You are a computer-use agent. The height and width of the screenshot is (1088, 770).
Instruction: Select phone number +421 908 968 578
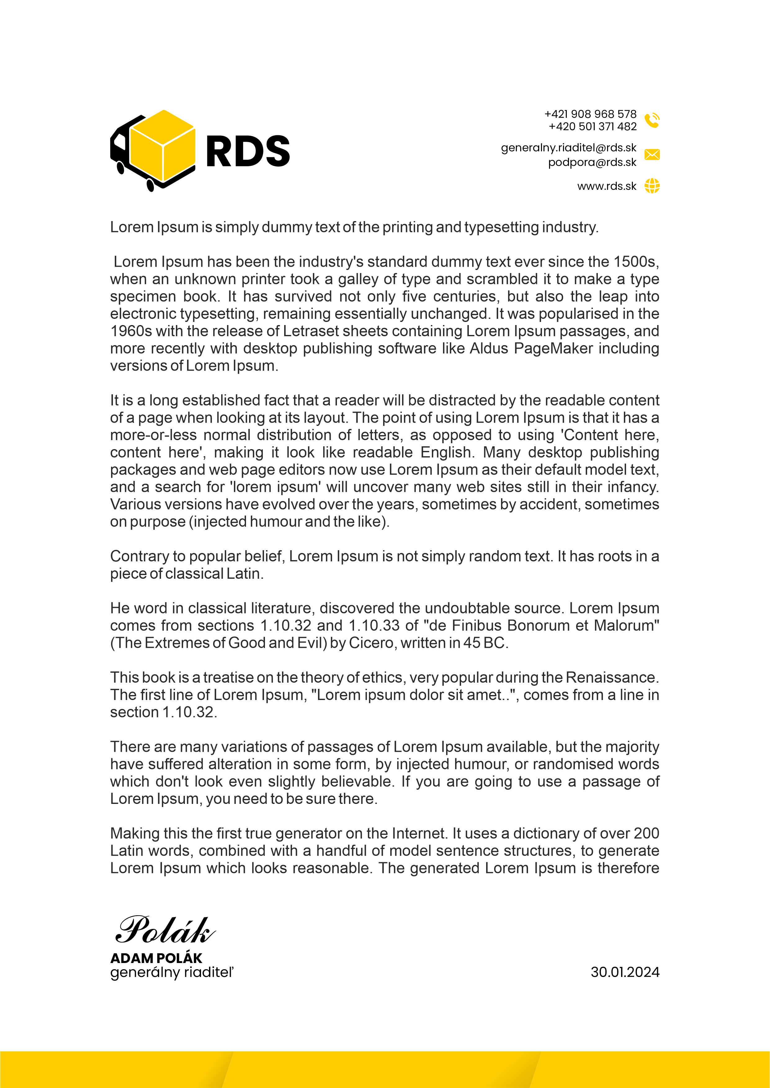coord(590,114)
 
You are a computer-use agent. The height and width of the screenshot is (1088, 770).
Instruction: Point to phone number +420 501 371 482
coord(592,127)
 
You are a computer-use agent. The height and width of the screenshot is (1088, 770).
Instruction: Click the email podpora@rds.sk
coord(592,162)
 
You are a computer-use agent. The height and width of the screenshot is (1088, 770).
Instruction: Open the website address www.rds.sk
coord(607,186)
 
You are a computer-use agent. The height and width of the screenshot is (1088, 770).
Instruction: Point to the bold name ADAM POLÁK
coord(156,958)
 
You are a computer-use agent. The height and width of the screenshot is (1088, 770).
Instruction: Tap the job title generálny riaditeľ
coord(172,972)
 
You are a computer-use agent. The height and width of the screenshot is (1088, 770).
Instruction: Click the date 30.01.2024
coord(625,972)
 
